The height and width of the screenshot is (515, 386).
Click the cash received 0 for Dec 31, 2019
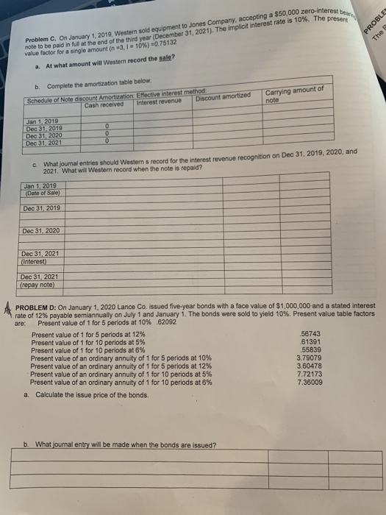pos(107,125)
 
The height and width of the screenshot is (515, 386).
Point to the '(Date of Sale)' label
pos(43,193)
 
